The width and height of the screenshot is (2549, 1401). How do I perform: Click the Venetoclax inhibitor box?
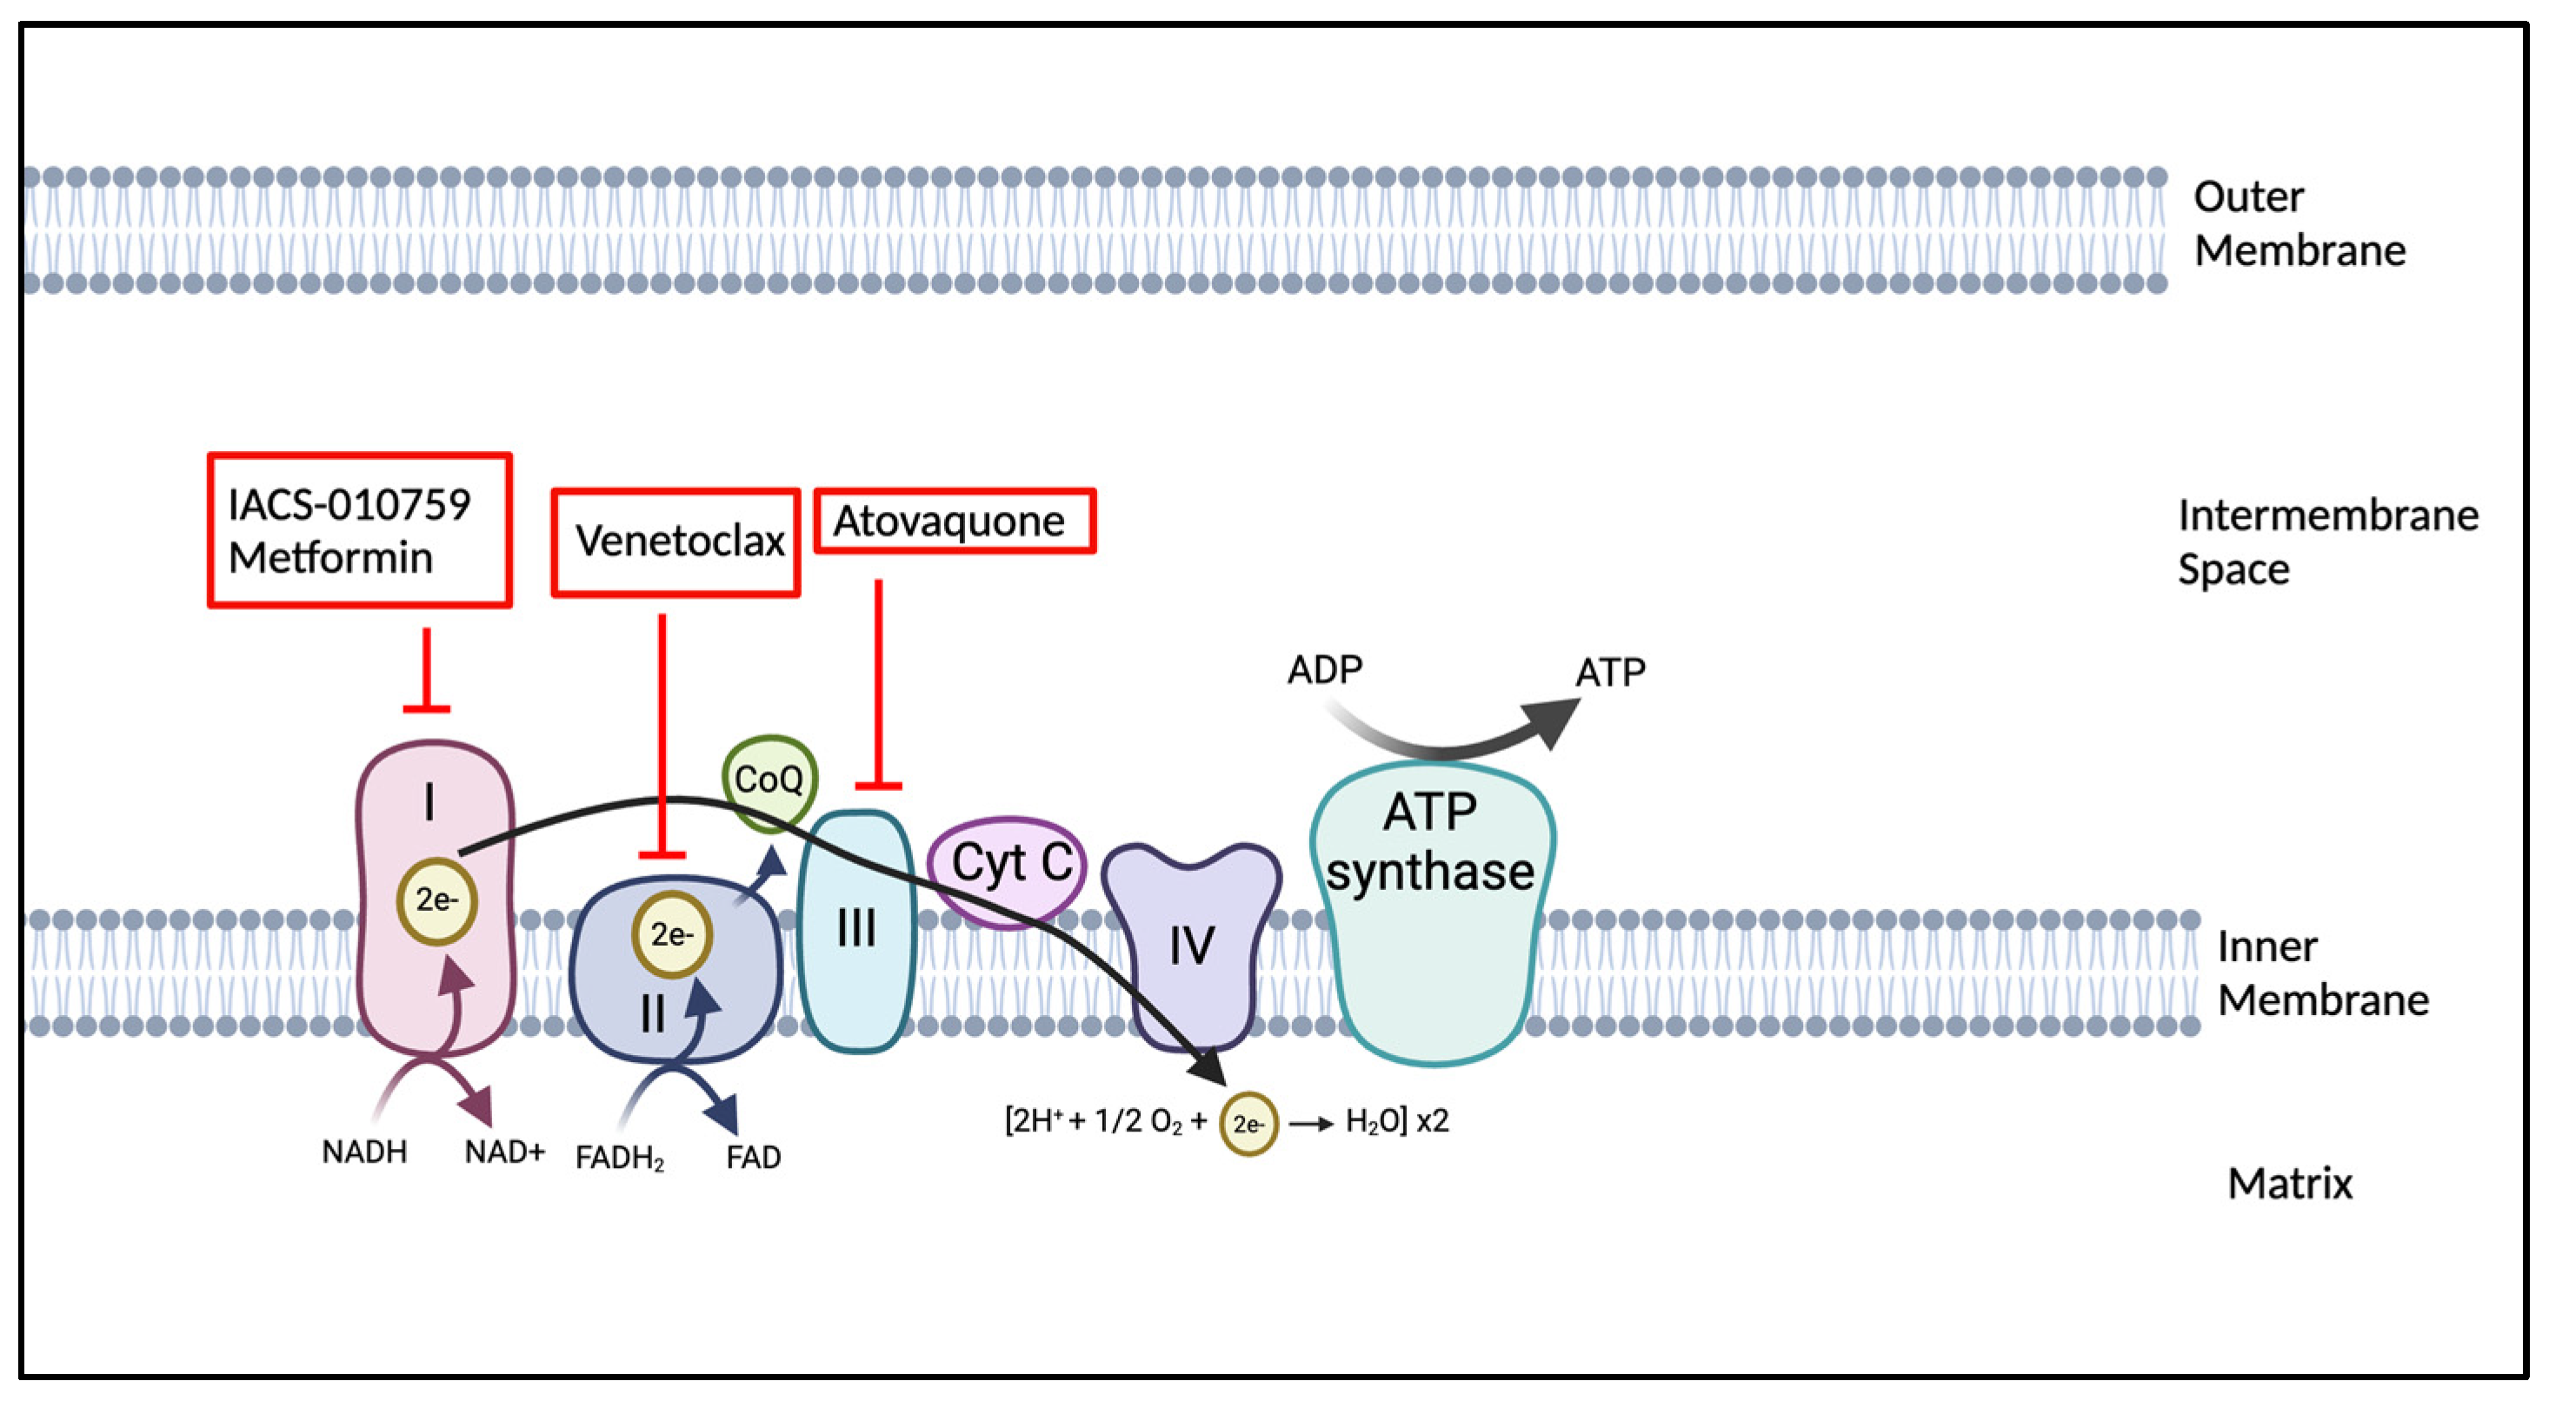tap(676, 542)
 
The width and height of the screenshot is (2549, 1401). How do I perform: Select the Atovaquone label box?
tap(955, 521)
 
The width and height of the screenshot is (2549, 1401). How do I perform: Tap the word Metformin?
tap(330, 558)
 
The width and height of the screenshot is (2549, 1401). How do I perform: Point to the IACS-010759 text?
tap(349, 505)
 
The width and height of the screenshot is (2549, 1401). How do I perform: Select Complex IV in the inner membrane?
tap(1191, 944)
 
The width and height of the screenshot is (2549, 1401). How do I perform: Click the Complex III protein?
tap(856, 930)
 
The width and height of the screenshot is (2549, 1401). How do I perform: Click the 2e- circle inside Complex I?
tap(436, 900)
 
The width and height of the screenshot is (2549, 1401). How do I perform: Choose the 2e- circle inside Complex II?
tap(672, 935)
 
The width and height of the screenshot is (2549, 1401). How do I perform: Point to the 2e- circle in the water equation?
tap(1248, 1124)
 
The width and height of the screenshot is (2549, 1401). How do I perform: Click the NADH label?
tap(364, 1152)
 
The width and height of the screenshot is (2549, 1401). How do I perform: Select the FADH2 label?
tap(621, 1158)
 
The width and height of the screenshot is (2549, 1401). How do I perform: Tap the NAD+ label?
tap(504, 1152)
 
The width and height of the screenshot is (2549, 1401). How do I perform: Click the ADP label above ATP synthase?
tap(1324, 670)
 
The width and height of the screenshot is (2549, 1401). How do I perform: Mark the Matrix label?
tap(2290, 1184)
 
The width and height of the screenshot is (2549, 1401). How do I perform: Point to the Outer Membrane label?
tap(2299, 223)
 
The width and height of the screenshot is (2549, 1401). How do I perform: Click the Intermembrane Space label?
tap(2328, 542)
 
